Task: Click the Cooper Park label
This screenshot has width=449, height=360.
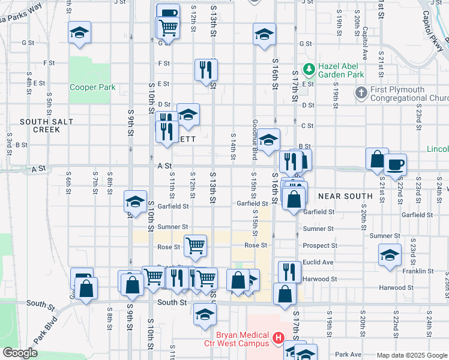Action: (x=92, y=87)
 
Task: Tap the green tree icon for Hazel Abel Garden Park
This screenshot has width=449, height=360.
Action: (x=309, y=69)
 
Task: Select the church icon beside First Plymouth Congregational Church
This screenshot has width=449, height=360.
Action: (x=361, y=93)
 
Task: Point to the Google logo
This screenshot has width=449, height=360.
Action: (x=20, y=353)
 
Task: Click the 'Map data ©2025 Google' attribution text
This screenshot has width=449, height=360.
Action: (x=412, y=355)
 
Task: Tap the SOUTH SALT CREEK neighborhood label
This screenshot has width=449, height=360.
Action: (x=46, y=125)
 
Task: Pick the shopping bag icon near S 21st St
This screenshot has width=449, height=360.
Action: (x=377, y=159)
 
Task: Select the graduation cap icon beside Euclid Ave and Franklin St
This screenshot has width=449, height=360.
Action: (x=390, y=254)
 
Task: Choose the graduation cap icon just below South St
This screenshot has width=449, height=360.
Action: (x=205, y=314)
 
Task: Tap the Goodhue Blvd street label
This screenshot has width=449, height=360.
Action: (x=255, y=147)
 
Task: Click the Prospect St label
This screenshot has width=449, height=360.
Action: (x=320, y=245)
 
